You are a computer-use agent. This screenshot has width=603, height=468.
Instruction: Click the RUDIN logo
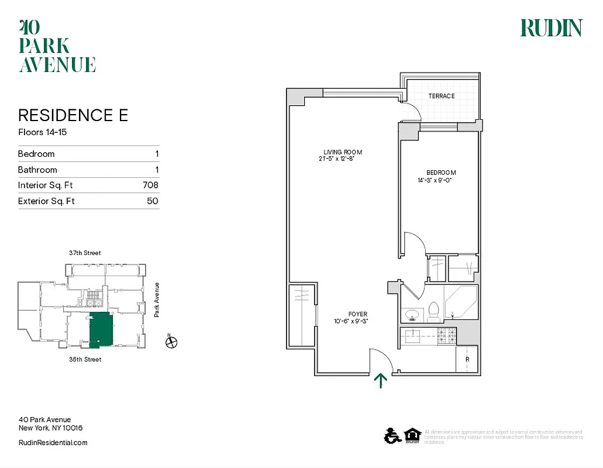point(551,28)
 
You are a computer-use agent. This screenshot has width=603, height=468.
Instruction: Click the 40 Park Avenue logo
point(57,46)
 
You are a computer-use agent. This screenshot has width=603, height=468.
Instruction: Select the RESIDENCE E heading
point(73,115)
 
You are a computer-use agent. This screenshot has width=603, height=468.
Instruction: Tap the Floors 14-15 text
point(42,132)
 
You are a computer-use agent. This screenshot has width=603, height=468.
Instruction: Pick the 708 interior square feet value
point(150,185)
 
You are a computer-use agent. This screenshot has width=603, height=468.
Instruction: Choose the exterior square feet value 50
point(152,201)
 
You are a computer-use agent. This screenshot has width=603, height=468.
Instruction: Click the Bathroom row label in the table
point(37,170)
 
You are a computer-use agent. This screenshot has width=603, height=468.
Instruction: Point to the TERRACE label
point(441,96)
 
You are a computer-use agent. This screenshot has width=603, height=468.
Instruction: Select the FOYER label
point(357,314)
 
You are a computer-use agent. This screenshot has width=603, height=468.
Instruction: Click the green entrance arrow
point(381,380)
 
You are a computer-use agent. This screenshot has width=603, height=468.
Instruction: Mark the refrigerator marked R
point(467,359)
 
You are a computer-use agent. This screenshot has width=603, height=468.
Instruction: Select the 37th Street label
point(85,253)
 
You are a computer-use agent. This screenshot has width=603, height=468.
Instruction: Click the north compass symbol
point(171,343)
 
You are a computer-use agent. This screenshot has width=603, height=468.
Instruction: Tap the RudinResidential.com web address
point(53,443)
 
